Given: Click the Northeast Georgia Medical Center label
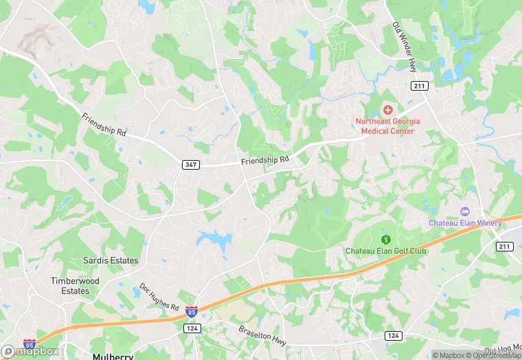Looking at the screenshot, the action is click(x=385, y=126).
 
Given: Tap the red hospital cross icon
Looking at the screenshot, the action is click(x=387, y=111).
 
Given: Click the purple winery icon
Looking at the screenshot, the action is click(x=464, y=211).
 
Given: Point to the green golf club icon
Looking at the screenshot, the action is click(x=385, y=239).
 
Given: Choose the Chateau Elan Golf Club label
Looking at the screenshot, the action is click(x=385, y=251).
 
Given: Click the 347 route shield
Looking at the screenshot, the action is click(x=191, y=165).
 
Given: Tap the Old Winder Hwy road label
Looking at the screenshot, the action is click(x=404, y=47).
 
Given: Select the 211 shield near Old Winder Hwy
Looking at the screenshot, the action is click(x=420, y=86).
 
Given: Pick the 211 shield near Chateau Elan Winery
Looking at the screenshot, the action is click(x=505, y=246).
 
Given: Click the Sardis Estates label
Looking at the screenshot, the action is click(x=111, y=260).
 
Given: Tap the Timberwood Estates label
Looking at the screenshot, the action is click(x=75, y=286).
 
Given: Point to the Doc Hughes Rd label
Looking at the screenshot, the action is click(x=159, y=295).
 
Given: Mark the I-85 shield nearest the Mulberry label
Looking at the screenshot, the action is click(x=30, y=344).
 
